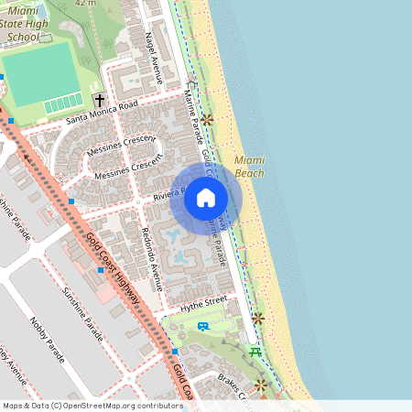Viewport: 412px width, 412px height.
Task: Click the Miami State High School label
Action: pos(23,25)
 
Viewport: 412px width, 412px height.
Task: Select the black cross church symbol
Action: pos(99,100)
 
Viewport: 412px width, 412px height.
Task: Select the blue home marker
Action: pos(206,197)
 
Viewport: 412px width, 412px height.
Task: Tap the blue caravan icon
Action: pos(202,325)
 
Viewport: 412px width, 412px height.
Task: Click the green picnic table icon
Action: pos(255,351)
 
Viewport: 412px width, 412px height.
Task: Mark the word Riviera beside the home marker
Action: pos(170,194)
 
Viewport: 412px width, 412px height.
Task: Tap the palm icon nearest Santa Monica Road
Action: pos(208,119)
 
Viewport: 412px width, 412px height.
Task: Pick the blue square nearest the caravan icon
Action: pos(174,352)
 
